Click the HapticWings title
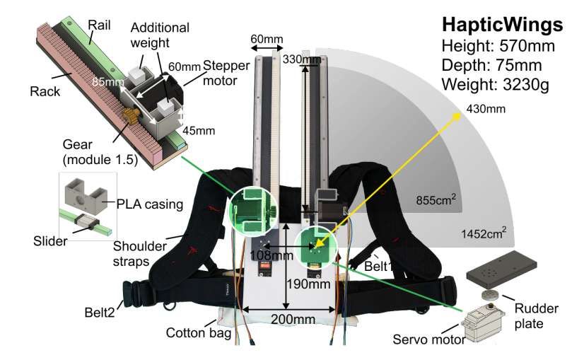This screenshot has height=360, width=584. [x=502, y=25]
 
